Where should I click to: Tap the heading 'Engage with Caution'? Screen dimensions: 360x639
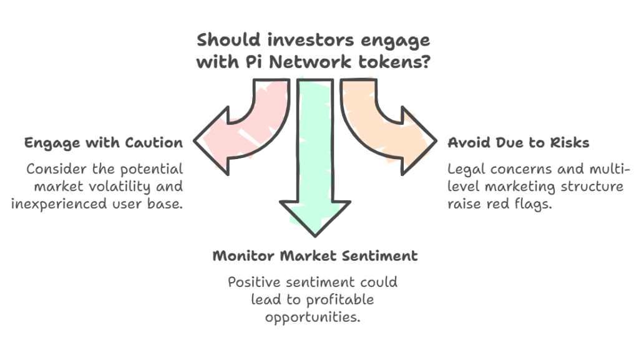tap(104, 143)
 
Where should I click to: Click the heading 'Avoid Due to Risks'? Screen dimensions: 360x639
tap(518, 143)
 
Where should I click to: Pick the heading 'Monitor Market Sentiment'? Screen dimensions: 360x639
tap(315, 256)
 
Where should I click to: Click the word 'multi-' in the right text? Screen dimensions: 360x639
tap(600, 169)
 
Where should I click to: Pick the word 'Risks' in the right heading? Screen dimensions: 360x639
tap(570, 143)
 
